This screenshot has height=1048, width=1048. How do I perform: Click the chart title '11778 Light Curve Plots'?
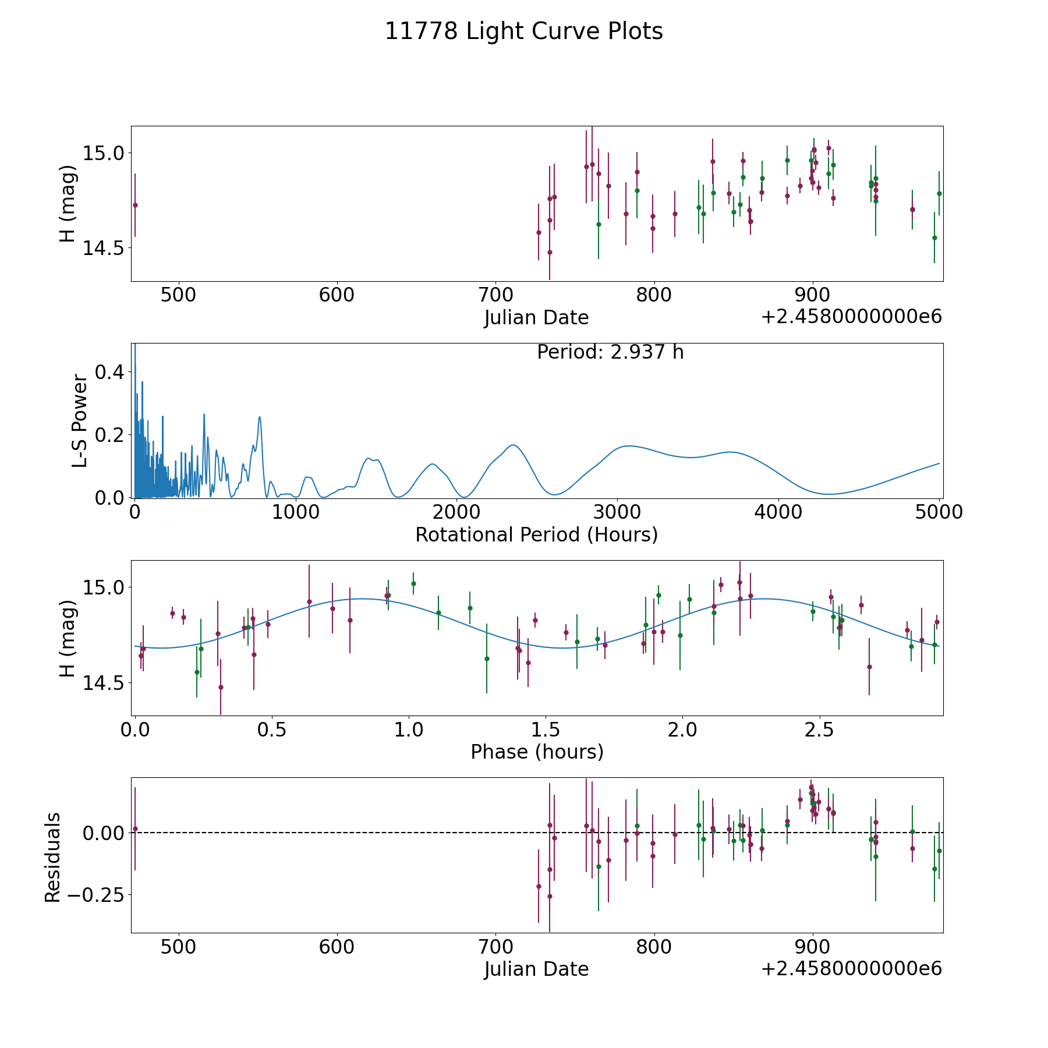523,31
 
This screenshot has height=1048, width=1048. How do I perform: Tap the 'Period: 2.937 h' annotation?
610,352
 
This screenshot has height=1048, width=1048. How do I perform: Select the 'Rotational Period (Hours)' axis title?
536,534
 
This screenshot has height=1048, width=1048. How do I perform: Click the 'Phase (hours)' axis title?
536,752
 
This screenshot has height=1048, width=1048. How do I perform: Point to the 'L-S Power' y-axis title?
80,421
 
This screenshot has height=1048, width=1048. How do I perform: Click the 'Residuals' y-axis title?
52,857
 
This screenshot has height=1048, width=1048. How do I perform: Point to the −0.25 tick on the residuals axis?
95,895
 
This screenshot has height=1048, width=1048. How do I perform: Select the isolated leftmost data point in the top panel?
135,205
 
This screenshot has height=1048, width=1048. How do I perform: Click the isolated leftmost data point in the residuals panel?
135,829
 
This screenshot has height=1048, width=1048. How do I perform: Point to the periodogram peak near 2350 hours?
513,445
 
